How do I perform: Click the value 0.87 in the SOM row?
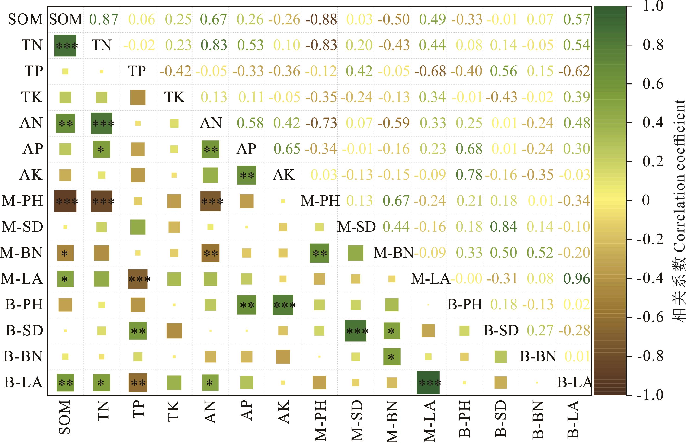coord(103,19)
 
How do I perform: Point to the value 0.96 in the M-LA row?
coord(576,279)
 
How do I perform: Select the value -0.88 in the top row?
coord(321,19)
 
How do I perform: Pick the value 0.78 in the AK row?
coord(469,175)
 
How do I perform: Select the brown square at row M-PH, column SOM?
coord(65,201)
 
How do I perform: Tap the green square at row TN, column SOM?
coord(65,45)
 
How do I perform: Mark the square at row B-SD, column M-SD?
coord(356,331)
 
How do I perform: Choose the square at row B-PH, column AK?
coord(283,305)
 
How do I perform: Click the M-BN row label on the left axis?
coord(22,253)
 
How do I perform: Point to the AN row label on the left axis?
coord(31,123)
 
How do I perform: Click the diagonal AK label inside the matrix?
coord(284,175)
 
